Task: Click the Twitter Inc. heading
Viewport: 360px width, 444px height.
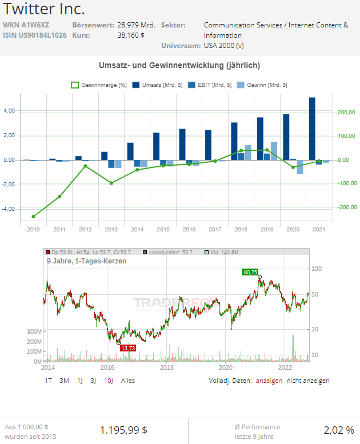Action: (45, 9)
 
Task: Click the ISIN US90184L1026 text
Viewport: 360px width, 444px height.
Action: (34, 35)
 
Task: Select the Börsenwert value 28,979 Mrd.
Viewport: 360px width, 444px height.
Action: (136, 25)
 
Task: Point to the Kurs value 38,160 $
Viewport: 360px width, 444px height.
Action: (131, 35)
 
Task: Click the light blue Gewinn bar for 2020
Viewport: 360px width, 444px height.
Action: (299, 166)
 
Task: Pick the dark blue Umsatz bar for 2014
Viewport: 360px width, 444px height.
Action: (130, 151)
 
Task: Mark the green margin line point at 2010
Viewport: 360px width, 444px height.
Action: (33, 217)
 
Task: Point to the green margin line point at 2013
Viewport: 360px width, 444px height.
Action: (111, 183)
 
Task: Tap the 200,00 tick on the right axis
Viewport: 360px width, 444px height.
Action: (346, 113)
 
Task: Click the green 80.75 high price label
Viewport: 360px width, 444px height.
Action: (250, 273)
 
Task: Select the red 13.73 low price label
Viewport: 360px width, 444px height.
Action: (128, 348)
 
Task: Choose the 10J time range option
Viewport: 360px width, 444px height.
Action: (109, 381)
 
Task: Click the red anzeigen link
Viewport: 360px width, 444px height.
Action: (269, 381)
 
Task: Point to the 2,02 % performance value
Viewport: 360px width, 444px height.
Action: (338, 430)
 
